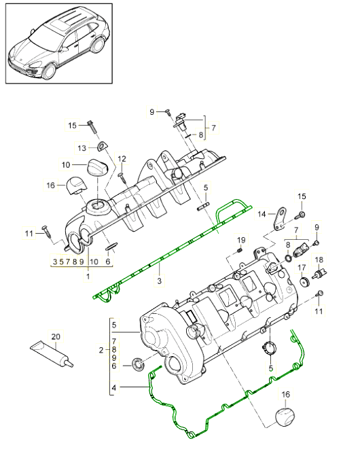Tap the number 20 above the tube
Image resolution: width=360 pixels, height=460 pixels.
point(55,337)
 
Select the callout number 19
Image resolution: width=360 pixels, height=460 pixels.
point(240,241)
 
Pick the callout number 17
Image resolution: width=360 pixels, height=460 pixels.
point(301,267)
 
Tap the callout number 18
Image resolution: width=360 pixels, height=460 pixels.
point(320,260)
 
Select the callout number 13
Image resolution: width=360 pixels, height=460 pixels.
point(82,147)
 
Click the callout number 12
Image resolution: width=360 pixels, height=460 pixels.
point(122,159)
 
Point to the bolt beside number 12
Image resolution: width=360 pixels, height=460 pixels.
point(120,176)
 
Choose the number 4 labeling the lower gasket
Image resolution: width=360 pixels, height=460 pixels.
point(114,387)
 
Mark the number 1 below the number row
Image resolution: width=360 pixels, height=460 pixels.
point(88,277)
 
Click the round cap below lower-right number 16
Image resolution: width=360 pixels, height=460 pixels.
point(285,416)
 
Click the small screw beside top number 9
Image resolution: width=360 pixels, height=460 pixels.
point(166,111)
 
